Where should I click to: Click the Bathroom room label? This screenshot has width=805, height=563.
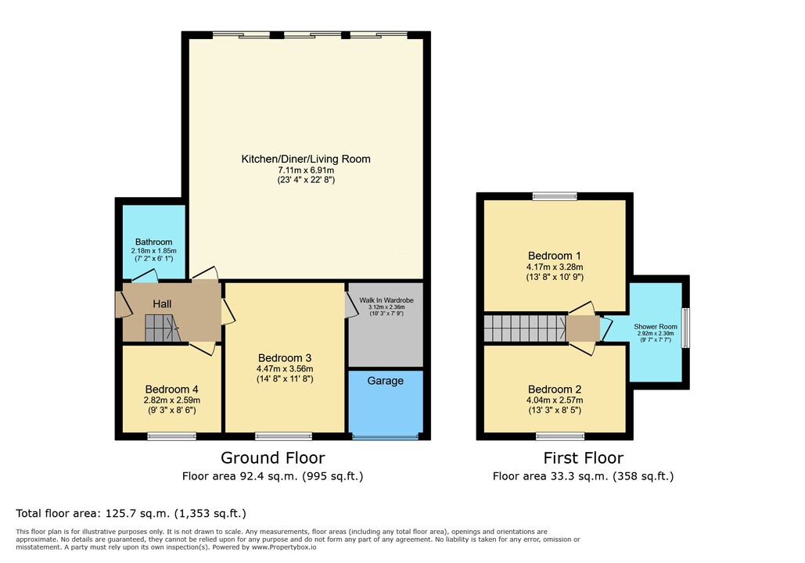pyautogui.click(x=153, y=242)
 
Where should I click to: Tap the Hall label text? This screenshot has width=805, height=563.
pyautogui.click(x=162, y=304)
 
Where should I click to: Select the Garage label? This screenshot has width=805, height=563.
pyautogui.click(x=385, y=381)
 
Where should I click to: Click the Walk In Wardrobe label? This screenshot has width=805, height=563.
pyautogui.click(x=386, y=300)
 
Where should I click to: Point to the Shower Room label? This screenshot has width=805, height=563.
pyautogui.click(x=655, y=326)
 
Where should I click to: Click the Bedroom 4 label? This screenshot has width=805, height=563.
pyautogui.click(x=171, y=389)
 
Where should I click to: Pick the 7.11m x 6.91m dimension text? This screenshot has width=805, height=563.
pyautogui.click(x=306, y=170)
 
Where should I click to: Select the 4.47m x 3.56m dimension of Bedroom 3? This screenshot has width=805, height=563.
pyautogui.click(x=285, y=369)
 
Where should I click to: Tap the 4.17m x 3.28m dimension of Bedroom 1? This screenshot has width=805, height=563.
pyautogui.click(x=555, y=267)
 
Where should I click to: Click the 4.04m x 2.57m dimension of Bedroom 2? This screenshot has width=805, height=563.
pyautogui.click(x=555, y=400)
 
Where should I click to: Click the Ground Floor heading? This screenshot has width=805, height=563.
pyautogui.click(x=272, y=457)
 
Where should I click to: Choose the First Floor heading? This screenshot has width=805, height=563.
pyautogui.click(x=584, y=457)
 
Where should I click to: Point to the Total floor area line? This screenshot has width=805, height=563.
pyautogui.click(x=131, y=513)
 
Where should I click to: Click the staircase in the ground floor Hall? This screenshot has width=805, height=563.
pyautogui.click(x=162, y=328)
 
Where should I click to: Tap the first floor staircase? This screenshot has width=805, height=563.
pyautogui.click(x=525, y=328)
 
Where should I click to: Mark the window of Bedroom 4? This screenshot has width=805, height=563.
pyautogui.click(x=171, y=436)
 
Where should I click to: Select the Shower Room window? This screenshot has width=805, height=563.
pyautogui.click(x=685, y=328)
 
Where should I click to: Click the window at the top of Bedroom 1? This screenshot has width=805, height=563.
pyautogui.click(x=555, y=196)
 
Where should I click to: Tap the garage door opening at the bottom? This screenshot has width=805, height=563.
pyautogui.click(x=385, y=437)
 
